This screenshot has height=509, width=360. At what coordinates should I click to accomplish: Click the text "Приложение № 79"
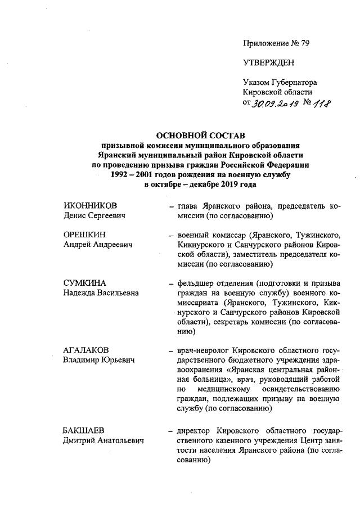click(x=276, y=43)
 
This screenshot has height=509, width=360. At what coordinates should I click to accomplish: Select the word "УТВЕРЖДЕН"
click(x=268, y=62)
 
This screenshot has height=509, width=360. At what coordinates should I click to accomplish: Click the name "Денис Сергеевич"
click(x=93, y=216)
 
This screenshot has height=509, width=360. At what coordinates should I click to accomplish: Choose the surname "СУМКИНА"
click(x=84, y=282)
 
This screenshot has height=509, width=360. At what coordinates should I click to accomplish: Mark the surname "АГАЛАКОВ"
click(x=87, y=350)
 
